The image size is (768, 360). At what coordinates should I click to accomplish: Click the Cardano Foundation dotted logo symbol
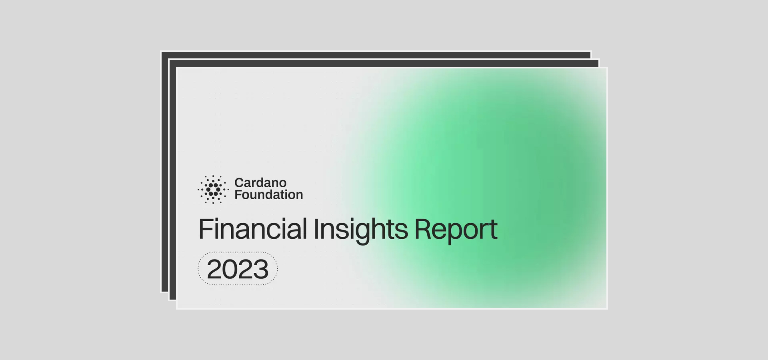point(213,189)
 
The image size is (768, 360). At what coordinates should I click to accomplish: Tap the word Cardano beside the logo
point(260,183)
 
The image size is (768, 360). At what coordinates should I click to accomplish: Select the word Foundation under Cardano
point(269,195)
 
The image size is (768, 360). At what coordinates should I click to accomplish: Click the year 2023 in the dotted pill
point(238,269)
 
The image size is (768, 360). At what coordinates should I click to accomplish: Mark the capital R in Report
point(423,229)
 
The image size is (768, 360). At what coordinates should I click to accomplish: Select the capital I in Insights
point(316,229)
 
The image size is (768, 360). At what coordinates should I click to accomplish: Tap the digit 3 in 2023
point(261,269)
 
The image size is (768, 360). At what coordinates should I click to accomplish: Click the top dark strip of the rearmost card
point(376,55)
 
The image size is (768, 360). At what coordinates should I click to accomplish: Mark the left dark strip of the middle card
point(173,180)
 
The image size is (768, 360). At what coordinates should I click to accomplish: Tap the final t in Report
point(493,230)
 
